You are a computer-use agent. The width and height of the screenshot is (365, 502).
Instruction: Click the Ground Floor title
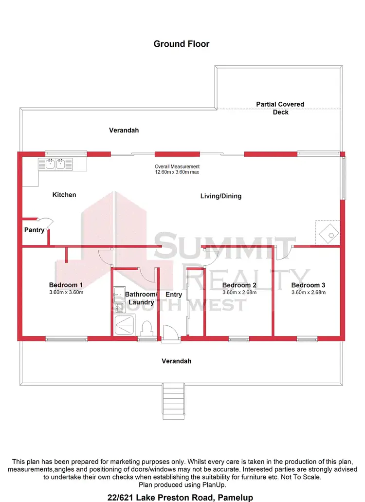182,44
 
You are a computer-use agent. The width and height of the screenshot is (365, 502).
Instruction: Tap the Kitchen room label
64,195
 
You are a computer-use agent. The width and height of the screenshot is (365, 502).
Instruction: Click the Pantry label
34,230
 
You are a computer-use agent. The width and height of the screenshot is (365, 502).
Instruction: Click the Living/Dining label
221,196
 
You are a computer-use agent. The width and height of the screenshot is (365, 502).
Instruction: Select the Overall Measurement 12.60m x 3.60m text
177,169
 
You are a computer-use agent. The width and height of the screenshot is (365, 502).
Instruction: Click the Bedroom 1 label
66,285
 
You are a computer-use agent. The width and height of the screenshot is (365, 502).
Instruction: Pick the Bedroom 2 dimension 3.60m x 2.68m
239,293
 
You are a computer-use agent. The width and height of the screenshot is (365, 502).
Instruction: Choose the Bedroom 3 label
308,285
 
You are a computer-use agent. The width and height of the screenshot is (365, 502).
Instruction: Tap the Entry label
174,295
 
